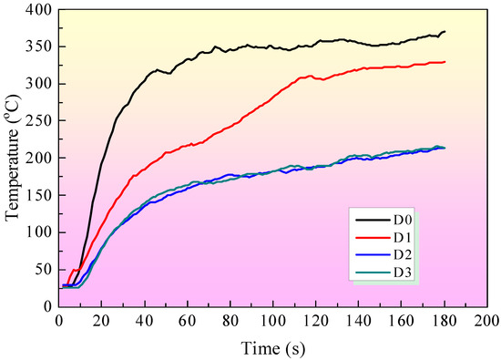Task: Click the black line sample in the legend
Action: pyautogui.click(x=369, y=221)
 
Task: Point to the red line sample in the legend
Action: pyautogui.click(x=369, y=238)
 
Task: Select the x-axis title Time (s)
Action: pyautogui.click(x=272, y=347)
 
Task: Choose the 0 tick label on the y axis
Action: pyautogui.click(x=46, y=306)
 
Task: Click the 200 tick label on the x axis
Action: pyautogui.click(x=486, y=321)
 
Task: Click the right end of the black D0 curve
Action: pyautogui.click(x=445, y=32)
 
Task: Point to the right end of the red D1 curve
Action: pyautogui.click(x=445, y=62)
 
